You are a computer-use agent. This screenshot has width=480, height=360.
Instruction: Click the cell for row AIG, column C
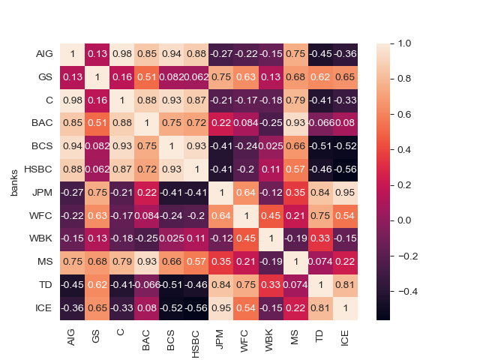[122, 55]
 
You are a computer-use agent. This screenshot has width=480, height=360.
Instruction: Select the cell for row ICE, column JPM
[221, 309]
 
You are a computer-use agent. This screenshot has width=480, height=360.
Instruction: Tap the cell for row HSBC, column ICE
[345, 170]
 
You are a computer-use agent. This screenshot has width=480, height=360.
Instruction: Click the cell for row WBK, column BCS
[172, 239]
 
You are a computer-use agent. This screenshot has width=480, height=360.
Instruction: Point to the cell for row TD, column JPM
[221, 286]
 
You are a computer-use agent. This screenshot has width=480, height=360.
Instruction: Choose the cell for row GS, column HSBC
[196, 78]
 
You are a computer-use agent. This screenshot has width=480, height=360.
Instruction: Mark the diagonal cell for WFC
[246, 217]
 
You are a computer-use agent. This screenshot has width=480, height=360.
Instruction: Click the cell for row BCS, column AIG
[73, 147]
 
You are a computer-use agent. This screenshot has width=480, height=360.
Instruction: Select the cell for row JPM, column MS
[295, 193]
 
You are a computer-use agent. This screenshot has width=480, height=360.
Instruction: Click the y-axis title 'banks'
[14, 182]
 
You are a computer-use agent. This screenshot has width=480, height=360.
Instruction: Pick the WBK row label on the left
[43, 239]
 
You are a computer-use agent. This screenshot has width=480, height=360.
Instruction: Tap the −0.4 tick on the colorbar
[409, 291]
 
